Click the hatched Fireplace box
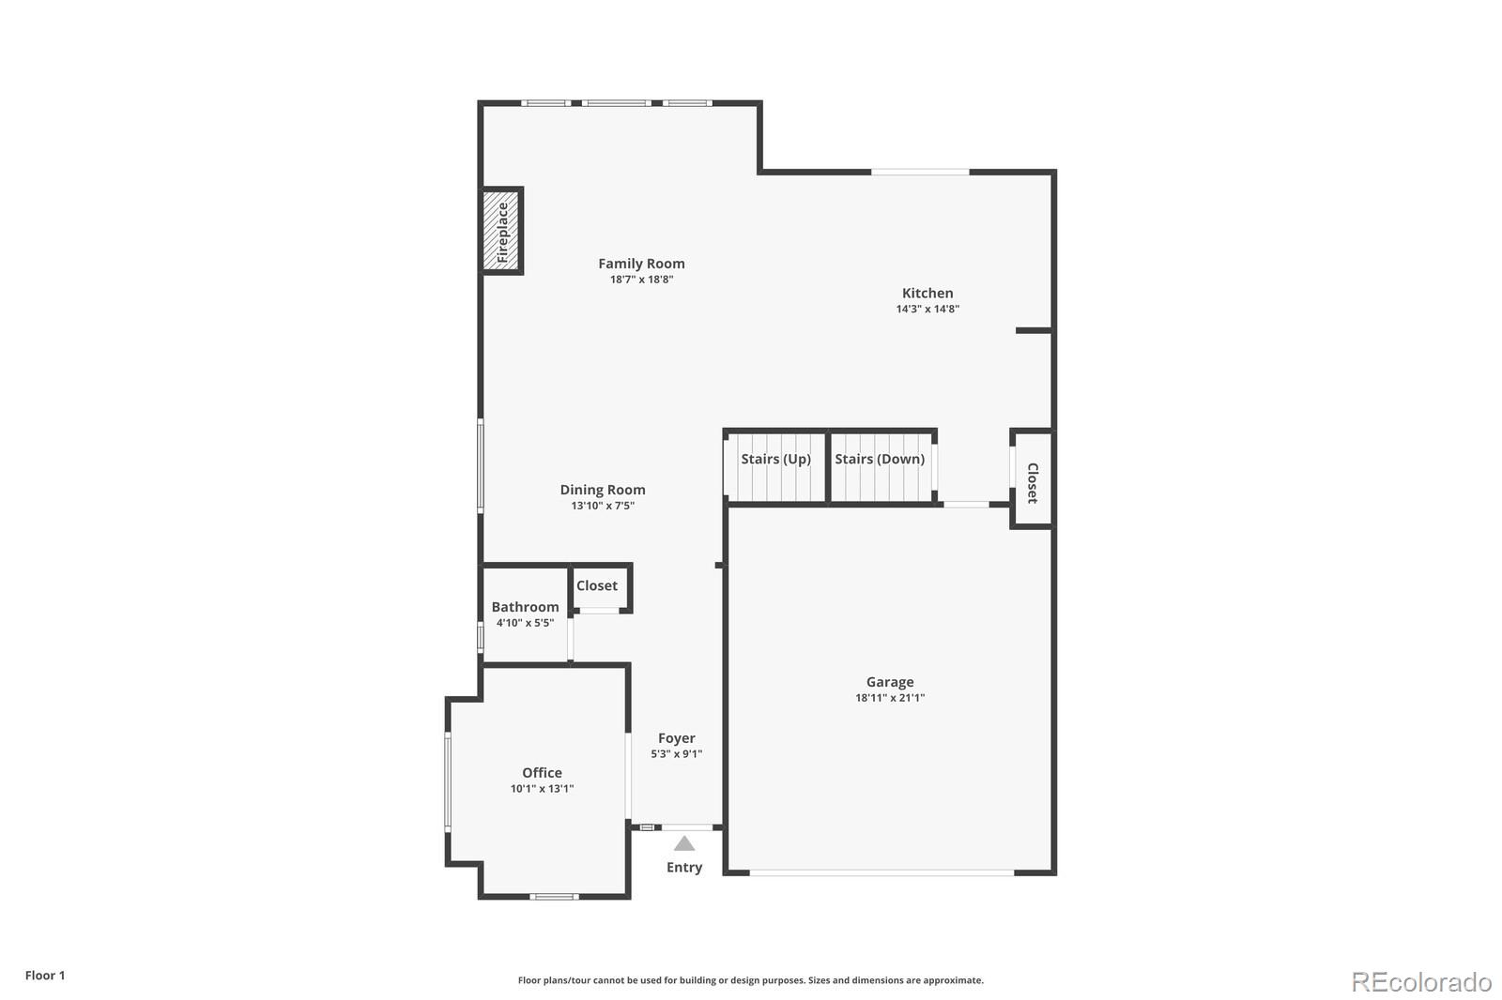[x=501, y=231]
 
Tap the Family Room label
[x=641, y=264]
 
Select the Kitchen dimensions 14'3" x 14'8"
[x=927, y=309]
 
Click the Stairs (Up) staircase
[x=775, y=466]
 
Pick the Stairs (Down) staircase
[x=881, y=466]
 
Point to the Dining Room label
[x=603, y=490]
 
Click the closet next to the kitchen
[x=1032, y=481]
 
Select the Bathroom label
[x=525, y=607]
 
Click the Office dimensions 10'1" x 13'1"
[x=542, y=789]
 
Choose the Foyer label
[x=676, y=738]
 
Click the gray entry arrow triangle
[x=684, y=843]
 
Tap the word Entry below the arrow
[x=684, y=868]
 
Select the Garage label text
[x=889, y=682]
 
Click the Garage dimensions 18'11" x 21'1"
[x=889, y=698]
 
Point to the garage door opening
[x=881, y=872]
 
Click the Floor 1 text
[x=45, y=976]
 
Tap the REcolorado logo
[x=1421, y=982]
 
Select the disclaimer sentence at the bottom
[x=750, y=980]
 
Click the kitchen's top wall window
[x=920, y=172]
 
